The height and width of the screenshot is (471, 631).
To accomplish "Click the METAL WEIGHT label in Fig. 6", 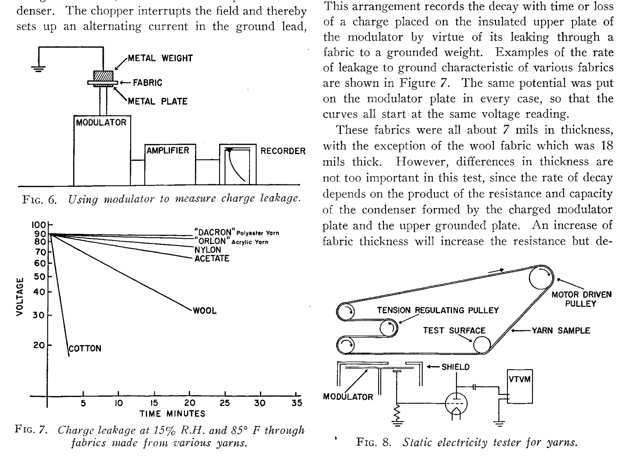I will pos(160,58).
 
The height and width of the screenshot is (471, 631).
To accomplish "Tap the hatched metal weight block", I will pos(103,76).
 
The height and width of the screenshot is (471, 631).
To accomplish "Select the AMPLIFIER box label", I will pos(168,150).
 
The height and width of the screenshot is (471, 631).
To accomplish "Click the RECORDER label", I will pos(283,151).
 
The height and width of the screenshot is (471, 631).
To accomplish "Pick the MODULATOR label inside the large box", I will pos(101,123).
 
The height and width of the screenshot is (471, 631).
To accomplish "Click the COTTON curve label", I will pos(85,348).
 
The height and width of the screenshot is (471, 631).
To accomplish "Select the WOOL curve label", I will pos(205,310).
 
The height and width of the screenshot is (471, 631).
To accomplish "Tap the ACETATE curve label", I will pos(212,258).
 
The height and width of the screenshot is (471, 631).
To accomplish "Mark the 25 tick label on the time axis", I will pos(225,403).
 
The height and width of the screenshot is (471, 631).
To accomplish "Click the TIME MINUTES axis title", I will pos(172,414).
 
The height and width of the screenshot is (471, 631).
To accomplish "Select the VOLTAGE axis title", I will pos(19,297).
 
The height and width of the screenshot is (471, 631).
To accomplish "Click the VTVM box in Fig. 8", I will pos(519,386).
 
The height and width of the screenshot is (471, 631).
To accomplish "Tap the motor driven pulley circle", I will pos(541,277).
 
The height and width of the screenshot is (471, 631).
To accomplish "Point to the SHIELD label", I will pos(455,367).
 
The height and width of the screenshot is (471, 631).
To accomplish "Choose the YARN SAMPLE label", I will pos(561,330).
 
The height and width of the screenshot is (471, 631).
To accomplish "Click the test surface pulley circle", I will pos(482,345).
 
